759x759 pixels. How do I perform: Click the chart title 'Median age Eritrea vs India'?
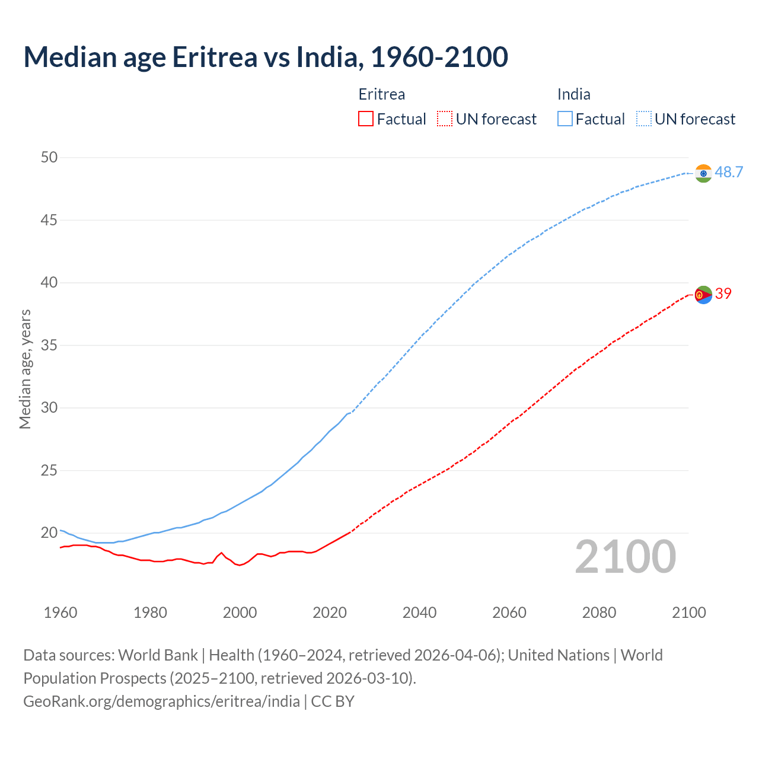click(266, 57)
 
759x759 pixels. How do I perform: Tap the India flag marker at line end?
click(703, 173)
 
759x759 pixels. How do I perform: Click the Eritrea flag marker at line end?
click(703, 294)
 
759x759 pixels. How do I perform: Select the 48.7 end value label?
click(729, 173)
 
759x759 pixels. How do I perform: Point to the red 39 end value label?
click(723, 294)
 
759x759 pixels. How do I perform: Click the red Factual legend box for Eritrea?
click(366, 119)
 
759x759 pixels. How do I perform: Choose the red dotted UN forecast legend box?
click(445, 119)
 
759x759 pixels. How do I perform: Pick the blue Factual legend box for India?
click(565, 119)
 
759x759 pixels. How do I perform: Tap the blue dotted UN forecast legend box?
click(643, 119)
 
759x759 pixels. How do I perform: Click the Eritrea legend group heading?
click(382, 94)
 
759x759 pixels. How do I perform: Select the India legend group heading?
click(573, 94)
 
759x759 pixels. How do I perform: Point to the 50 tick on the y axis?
click(49, 157)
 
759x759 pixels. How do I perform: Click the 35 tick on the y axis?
click(49, 345)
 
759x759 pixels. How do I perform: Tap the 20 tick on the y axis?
click(49, 532)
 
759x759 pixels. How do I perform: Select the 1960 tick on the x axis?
click(60, 613)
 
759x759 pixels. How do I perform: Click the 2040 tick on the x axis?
click(419, 613)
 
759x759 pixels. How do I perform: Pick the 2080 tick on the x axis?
click(599, 613)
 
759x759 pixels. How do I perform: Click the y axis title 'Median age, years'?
click(25, 369)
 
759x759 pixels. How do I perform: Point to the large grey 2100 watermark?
click(625, 556)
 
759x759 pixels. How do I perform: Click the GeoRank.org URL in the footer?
click(161, 701)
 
